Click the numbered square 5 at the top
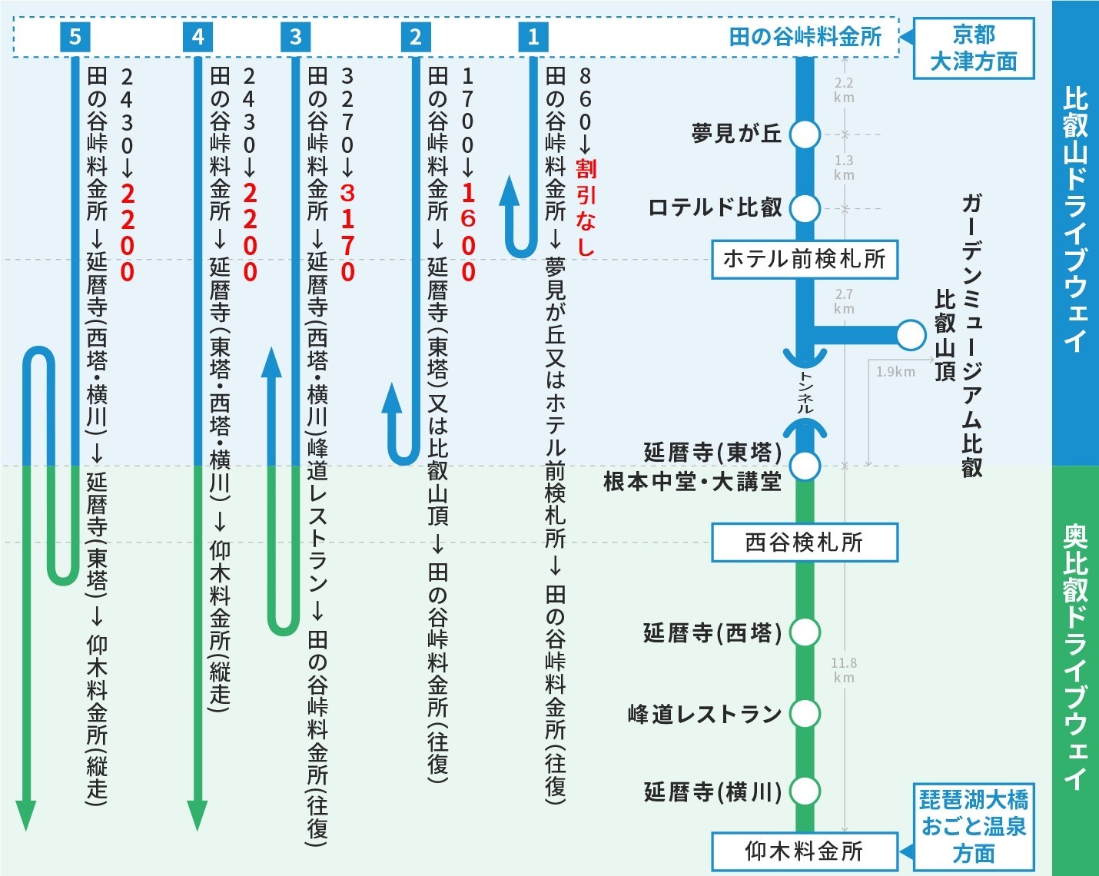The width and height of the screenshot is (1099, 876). coord(75,36)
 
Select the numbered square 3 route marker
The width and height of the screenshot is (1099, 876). coord(296,36)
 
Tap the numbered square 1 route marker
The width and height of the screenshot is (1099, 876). coord(533,36)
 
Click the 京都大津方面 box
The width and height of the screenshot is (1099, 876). coord(974,48)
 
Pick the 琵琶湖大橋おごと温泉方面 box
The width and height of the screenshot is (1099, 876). coord(974,827)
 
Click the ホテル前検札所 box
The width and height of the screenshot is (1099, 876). coord(804,259)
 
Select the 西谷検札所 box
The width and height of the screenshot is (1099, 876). coord(804,543)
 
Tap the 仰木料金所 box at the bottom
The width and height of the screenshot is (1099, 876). coord(804,851)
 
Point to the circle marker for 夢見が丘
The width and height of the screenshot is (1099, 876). coord(805,134)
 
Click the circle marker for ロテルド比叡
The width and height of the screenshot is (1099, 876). coord(805,207)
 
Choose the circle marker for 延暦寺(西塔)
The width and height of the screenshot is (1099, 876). coord(805,632)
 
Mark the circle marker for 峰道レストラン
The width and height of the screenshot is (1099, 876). coord(805,713)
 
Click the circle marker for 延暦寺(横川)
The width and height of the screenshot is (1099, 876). coord(805,791)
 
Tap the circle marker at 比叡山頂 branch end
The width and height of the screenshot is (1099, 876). coord(911,334)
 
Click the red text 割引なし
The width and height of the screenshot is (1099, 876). coord(586,207)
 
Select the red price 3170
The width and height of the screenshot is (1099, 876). coord(347,232)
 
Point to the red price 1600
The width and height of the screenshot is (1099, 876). coord(468,232)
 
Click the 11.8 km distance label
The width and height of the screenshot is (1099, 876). coord(843,670)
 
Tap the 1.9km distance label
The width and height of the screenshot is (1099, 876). coord(895,372)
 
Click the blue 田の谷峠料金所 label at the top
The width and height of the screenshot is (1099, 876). coord(805,36)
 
